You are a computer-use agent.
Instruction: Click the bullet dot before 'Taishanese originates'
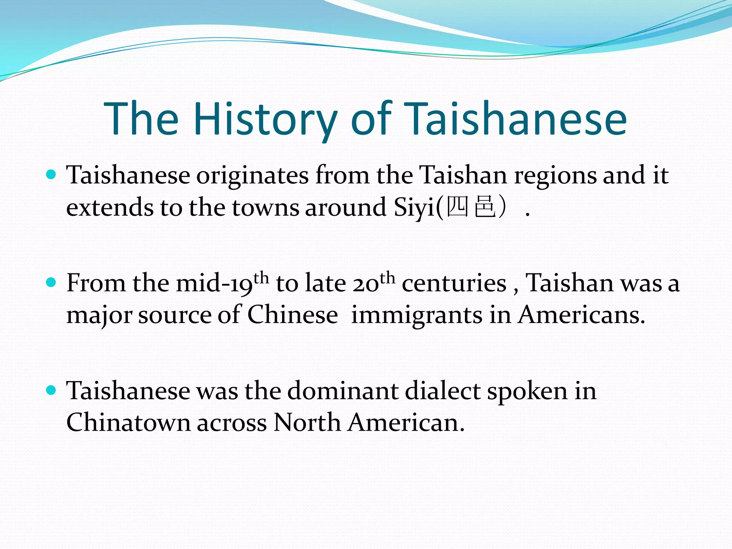[51, 175]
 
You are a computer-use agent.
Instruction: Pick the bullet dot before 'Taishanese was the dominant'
[51, 390]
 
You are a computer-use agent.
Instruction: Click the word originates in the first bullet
[252, 176]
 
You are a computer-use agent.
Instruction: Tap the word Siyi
[415, 208]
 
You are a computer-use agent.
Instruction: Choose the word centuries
[454, 283]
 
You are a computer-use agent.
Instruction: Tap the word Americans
[582, 315]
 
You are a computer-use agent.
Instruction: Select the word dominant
[343, 391]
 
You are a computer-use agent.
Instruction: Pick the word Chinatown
[128, 423]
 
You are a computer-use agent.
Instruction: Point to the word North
[307, 423]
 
